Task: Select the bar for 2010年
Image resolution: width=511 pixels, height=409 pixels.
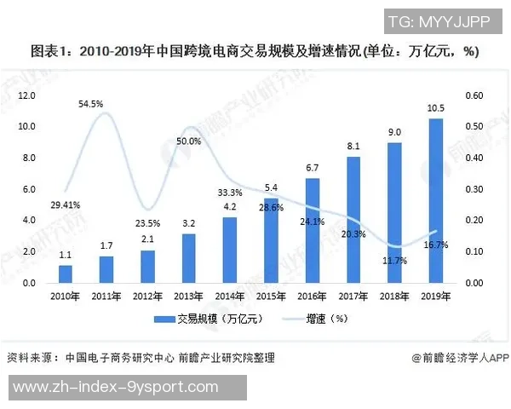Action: pos(66,274)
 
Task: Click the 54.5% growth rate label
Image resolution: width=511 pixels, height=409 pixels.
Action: pos(90,105)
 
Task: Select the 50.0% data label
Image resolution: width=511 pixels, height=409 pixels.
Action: pos(189,141)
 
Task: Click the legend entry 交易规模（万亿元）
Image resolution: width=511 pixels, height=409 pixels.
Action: pos(209,319)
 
